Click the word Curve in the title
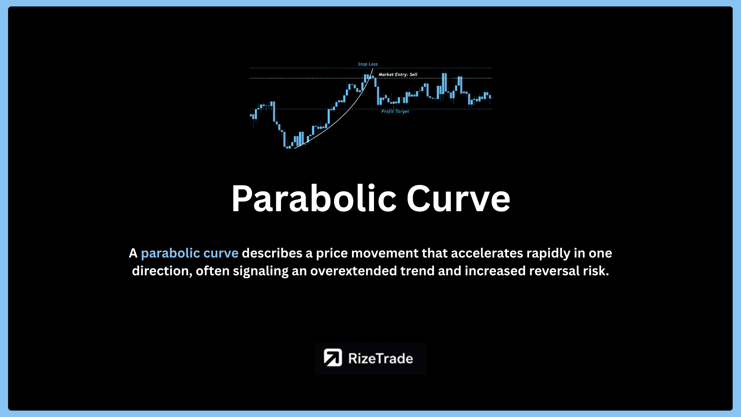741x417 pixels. [458, 198]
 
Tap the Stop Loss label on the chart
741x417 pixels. [368, 64]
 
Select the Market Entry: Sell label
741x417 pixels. [398, 75]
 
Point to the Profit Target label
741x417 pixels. [395, 111]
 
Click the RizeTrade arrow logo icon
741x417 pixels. [333, 358]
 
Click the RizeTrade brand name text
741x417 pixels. [381, 358]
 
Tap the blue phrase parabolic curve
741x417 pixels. [189, 253]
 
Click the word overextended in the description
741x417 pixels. [354, 271]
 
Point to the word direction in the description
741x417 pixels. [162, 271]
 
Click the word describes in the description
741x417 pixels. [272, 253]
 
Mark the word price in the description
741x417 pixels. [332, 254]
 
